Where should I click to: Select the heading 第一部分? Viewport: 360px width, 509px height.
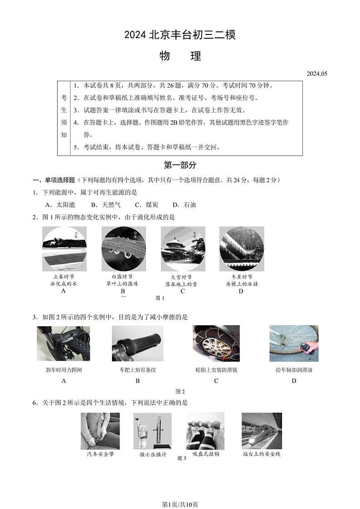[x=180, y=165]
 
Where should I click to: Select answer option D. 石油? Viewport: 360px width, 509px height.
[x=184, y=205]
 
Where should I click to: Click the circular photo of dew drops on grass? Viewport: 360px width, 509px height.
[x=124, y=249]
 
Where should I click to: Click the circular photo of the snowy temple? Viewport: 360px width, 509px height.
[x=183, y=249]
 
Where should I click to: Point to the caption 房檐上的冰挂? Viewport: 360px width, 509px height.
[x=241, y=284]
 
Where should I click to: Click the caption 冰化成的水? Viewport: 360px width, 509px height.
[x=63, y=284]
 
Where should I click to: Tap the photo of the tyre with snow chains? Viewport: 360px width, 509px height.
[x=216, y=343]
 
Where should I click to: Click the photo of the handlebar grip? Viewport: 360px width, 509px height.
[x=137, y=343]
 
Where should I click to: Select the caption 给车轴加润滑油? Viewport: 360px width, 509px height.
[x=294, y=370]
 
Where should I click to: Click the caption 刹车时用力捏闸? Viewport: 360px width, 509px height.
[x=64, y=370]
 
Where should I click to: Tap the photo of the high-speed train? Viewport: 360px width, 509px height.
[x=262, y=431]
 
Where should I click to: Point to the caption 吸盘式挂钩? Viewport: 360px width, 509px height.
[x=205, y=454]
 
